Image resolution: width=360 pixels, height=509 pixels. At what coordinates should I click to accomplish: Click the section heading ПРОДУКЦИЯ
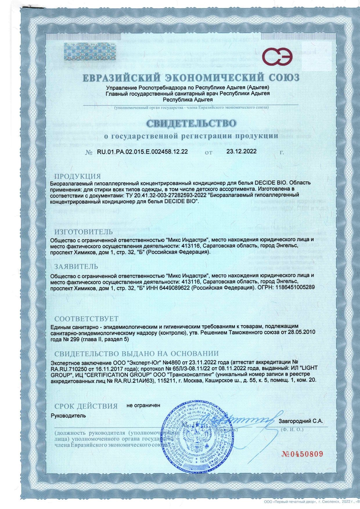[x=78, y=177]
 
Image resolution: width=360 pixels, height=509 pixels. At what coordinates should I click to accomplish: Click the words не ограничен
[x=143, y=405]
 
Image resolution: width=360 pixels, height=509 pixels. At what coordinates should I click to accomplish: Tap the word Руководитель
[x=68, y=416]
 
